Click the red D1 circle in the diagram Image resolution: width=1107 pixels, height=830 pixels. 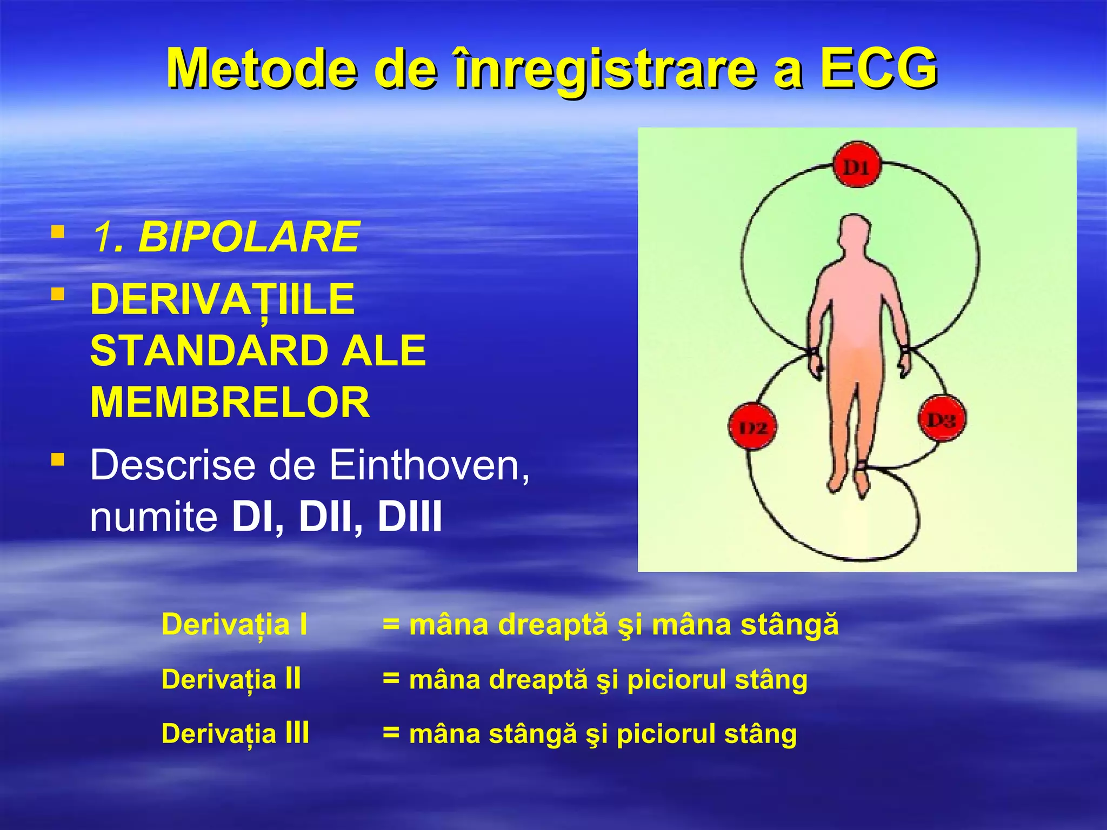pos(856,166)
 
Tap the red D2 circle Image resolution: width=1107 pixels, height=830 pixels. pos(753,426)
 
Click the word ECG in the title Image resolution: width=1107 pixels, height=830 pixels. pos(879,69)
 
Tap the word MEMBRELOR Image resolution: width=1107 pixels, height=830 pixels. pos(230,403)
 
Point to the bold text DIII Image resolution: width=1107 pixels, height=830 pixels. pos(409,517)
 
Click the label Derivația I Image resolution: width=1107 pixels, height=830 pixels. pos(234,625)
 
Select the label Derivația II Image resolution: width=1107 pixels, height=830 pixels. pos(231,679)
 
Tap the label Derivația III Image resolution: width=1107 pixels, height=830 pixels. pos(235,734)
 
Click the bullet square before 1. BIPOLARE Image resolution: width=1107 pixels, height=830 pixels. pos(57,232)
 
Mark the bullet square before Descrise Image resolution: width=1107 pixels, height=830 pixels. pos(57,459)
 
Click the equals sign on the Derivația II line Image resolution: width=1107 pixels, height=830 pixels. pos(391,678)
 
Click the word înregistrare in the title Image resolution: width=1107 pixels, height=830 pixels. pos(605,69)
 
